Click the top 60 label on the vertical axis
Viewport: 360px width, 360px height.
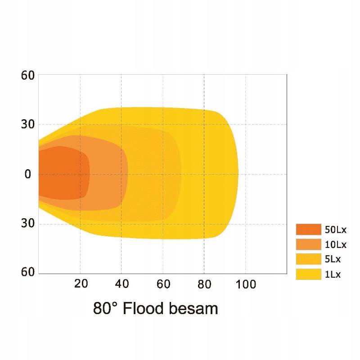tap(28, 75)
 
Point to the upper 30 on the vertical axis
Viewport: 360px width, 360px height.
tap(28, 124)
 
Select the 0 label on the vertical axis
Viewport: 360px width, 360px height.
tap(28, 174)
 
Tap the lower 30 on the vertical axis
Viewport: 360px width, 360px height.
tap(28, 224)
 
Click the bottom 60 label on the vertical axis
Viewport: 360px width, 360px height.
tap(28, 272)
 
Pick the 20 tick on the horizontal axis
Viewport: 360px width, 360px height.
tap(81, 284)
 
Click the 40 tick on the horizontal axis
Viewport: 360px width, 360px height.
tap(122, 284)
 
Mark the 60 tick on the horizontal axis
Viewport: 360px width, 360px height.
tap(163, 284)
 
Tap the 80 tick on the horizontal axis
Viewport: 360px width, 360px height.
tap(204, 284)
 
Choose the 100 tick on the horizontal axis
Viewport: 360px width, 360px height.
tap(246, 284)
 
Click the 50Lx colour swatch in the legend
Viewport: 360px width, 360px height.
tap(308, 229)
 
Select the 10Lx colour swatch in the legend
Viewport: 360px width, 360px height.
tap(308, 244)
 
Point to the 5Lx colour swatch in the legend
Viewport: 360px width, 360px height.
tap(308, 259)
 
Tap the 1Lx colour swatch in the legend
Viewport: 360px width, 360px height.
tap(308, 274)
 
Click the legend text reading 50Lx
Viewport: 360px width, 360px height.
tap(336, 230)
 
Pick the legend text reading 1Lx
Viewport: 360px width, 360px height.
tap(333, 274)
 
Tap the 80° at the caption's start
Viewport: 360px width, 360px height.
tap(105, 309)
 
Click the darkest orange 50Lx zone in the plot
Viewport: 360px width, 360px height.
tap(63, 173)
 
